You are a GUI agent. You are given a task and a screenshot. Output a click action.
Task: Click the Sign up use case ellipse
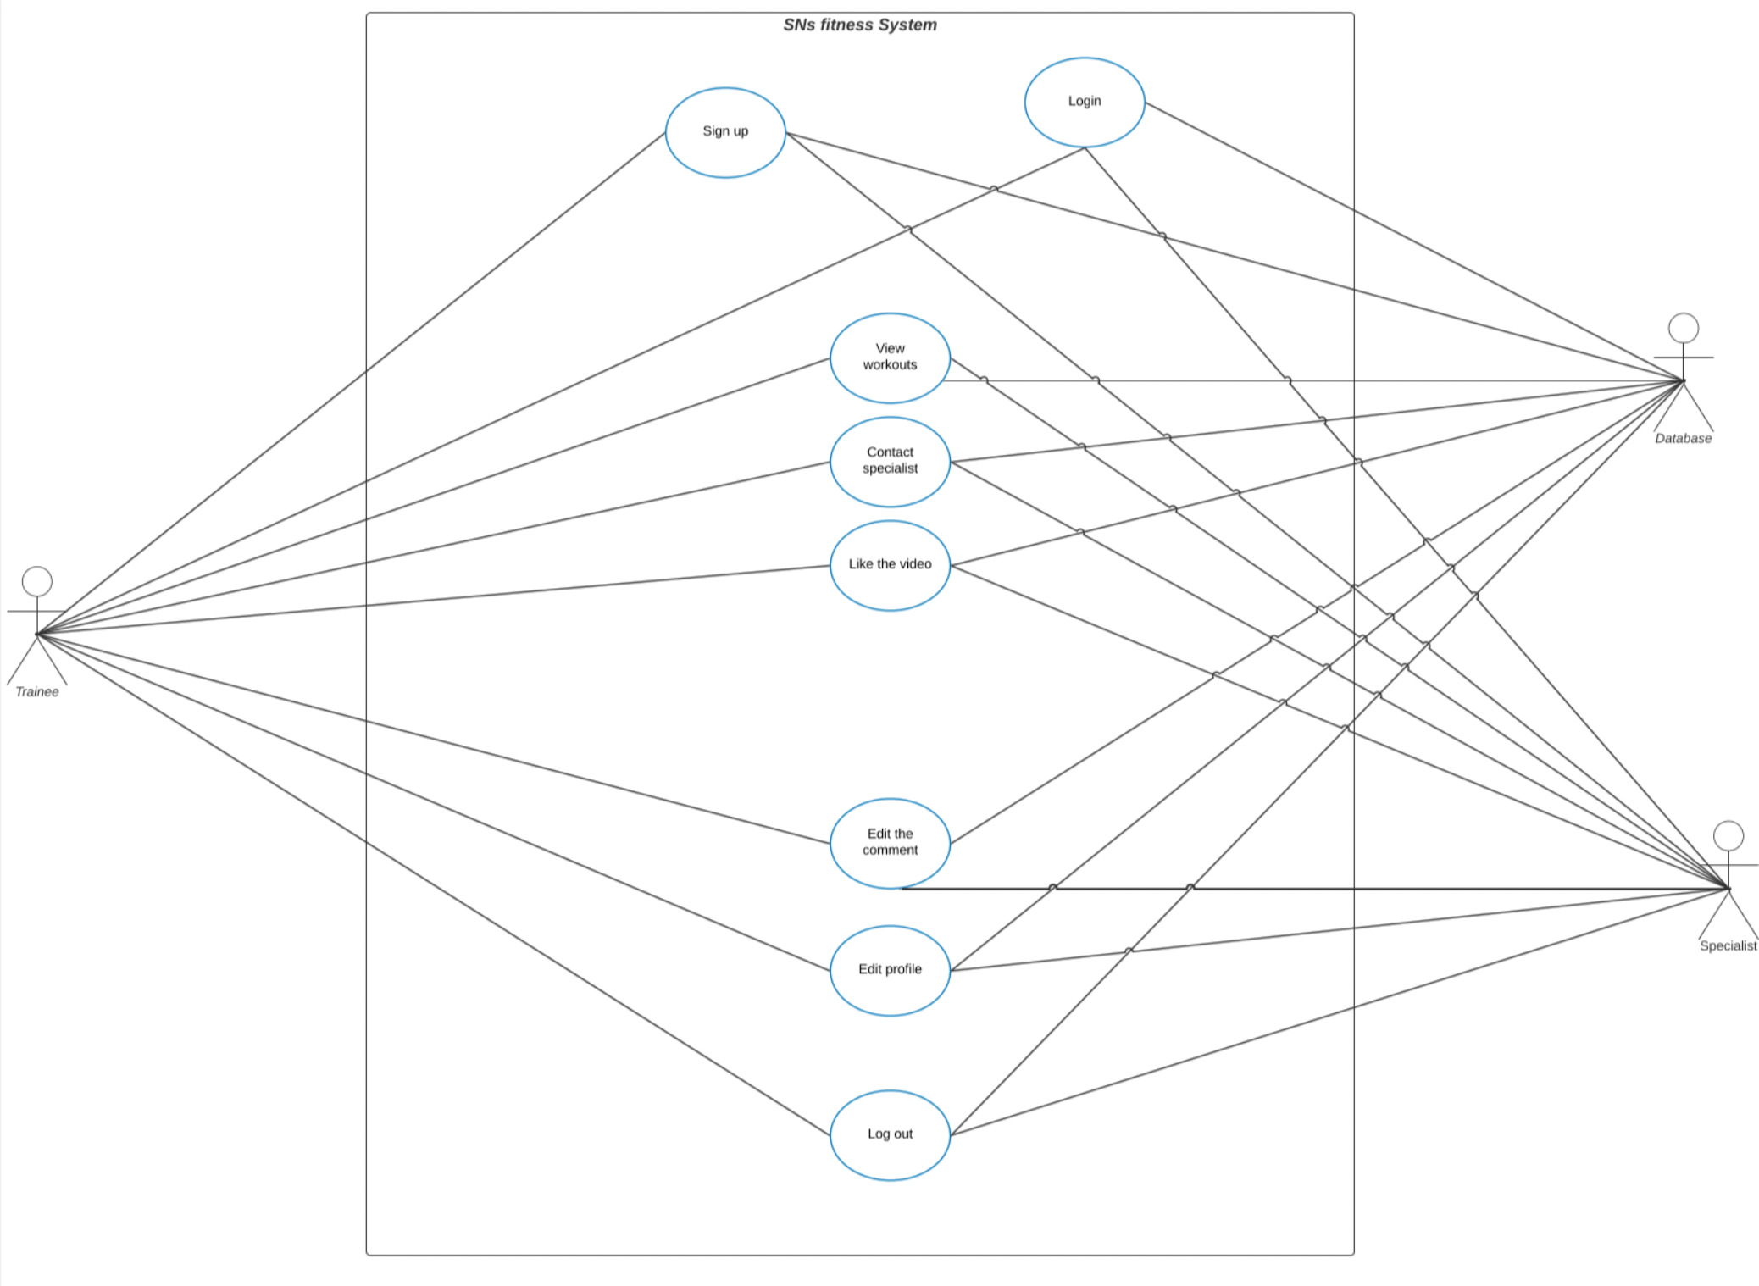point(725,132)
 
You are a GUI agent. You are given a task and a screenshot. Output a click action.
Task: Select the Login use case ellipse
point(1084,102)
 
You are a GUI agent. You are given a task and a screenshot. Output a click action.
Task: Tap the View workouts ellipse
point(890,358)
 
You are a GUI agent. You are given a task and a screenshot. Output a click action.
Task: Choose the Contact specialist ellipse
point(890,461)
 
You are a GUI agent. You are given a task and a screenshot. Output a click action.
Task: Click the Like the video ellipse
point(890,565)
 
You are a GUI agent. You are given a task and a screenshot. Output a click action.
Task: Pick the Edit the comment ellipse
point(890,842)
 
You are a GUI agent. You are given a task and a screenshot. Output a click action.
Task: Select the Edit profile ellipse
point(890,970)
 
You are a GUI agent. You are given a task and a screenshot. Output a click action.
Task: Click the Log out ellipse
point(890,1134)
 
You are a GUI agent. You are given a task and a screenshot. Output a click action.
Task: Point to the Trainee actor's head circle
point(37,581)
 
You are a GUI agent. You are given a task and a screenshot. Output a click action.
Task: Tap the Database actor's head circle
point(1683,328)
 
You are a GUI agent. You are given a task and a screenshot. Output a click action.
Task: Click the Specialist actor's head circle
point(1728,835)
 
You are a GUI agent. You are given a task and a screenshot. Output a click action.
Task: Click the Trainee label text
point(37,692)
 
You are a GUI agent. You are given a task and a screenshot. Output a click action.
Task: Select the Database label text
point(1683,439)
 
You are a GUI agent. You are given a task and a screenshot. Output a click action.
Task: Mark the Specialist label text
point(1728,946)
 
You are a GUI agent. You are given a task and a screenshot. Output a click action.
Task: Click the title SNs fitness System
point(859,25)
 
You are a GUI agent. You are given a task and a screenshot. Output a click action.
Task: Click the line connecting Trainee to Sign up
point(352,383)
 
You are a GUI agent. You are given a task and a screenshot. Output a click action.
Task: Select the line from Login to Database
point(1413,241)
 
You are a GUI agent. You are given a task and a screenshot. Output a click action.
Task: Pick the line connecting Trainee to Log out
point(432,884)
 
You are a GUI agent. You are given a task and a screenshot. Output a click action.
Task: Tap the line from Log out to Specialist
point(1339,1012)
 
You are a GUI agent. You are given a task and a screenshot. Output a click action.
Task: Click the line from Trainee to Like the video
point(432,600)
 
